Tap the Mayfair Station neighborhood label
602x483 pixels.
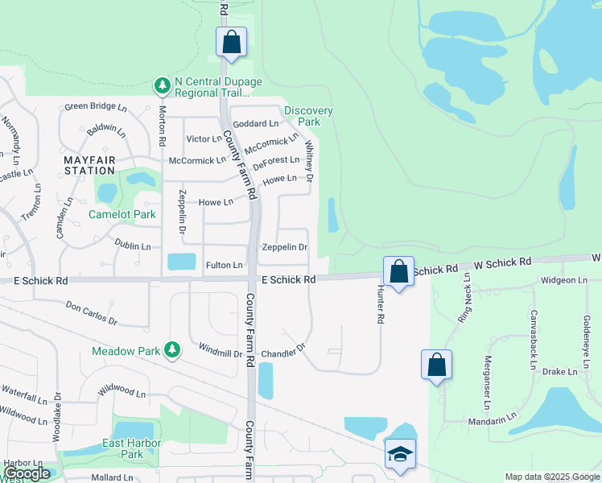coord(89,165)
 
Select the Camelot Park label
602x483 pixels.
coord(122,215)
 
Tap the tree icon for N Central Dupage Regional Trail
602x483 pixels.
coord(162,85)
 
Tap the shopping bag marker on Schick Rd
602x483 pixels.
coord(398,271)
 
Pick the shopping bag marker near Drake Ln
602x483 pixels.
coord(436,364)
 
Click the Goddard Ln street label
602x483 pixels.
coord(255,124)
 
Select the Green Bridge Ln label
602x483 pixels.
coord(96,106)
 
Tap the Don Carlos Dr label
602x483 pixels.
coord(91,313)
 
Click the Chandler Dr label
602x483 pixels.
coord(284,352)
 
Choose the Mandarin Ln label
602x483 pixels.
coord(494,419)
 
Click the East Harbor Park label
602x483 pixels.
coord(132,449)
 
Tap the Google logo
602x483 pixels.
coord(27,473)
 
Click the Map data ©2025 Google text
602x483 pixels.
coord(551,477)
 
